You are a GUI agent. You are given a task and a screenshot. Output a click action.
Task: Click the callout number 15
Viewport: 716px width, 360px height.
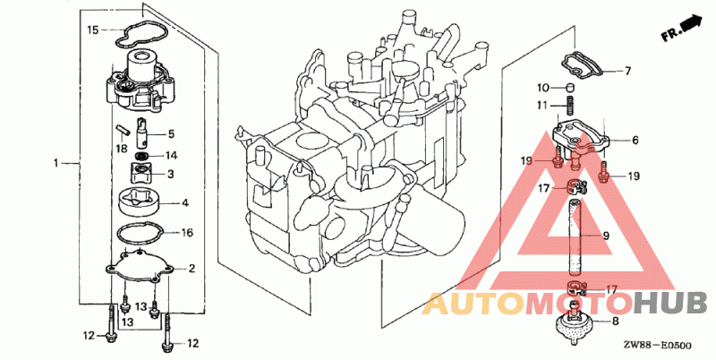[x=93, y=30]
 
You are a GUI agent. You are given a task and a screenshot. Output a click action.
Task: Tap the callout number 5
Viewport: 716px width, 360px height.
[x=171, y=133]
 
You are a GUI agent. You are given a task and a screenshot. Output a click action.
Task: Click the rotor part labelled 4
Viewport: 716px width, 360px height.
[x=140, y=202]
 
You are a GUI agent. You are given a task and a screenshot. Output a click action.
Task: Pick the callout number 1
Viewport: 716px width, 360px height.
[x=56, y=163]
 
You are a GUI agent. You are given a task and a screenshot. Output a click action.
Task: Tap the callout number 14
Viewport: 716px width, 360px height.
[x=171, y=156]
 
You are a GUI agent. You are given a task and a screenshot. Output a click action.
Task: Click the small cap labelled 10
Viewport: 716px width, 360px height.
[x=570, y=87]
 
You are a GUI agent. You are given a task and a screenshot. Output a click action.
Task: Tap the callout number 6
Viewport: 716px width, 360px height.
[x=635, y=141]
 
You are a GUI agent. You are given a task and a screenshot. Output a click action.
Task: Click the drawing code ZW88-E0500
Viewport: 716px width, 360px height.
[x=659, y=346]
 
